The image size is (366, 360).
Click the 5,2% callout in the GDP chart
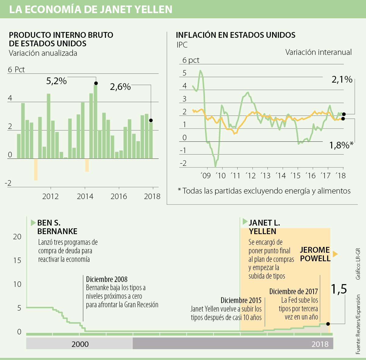[56, 81]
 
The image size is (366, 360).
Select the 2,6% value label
[120, 87]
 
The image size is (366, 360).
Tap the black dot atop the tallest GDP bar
[96, 83]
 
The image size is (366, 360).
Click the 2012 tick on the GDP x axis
[50, 196]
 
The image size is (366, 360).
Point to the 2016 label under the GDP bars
[119, 196]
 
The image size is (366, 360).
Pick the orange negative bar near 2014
[87, 165]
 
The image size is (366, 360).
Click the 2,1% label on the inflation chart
[342, 80]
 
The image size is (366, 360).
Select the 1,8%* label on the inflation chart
[341, 145]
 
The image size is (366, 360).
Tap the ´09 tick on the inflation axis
[206, 176]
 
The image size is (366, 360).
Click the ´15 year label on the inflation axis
[296, 176]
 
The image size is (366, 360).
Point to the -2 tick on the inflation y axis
[183, 163]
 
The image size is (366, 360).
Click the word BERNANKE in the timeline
[57, 231]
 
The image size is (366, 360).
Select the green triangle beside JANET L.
[245, 222]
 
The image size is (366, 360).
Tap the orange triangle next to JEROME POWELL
[335, 254]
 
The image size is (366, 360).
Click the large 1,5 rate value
[339, 289]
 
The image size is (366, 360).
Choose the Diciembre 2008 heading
[107, 279]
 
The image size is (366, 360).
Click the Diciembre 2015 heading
[241, 301]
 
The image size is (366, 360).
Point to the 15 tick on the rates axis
[17, 260]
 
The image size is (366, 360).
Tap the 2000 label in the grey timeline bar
[80, 344]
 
